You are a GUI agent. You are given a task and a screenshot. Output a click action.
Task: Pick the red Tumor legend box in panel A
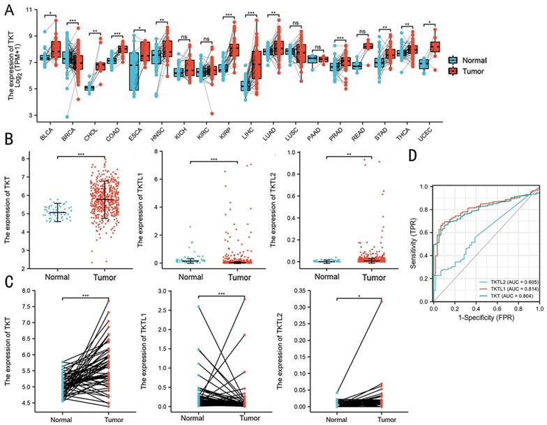tap(453, 72)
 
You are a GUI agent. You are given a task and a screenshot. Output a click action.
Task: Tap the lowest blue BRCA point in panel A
tap(66, 116)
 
